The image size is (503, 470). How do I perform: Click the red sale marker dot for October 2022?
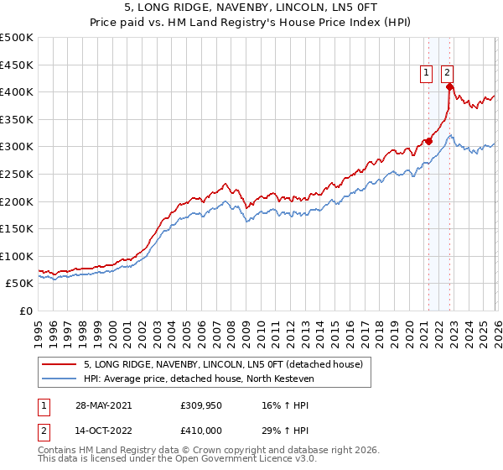449,86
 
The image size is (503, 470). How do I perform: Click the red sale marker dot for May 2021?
428,141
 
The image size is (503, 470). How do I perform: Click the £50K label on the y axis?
20,284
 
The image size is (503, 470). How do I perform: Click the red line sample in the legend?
59,364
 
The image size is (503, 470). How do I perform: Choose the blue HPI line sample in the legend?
59,379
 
